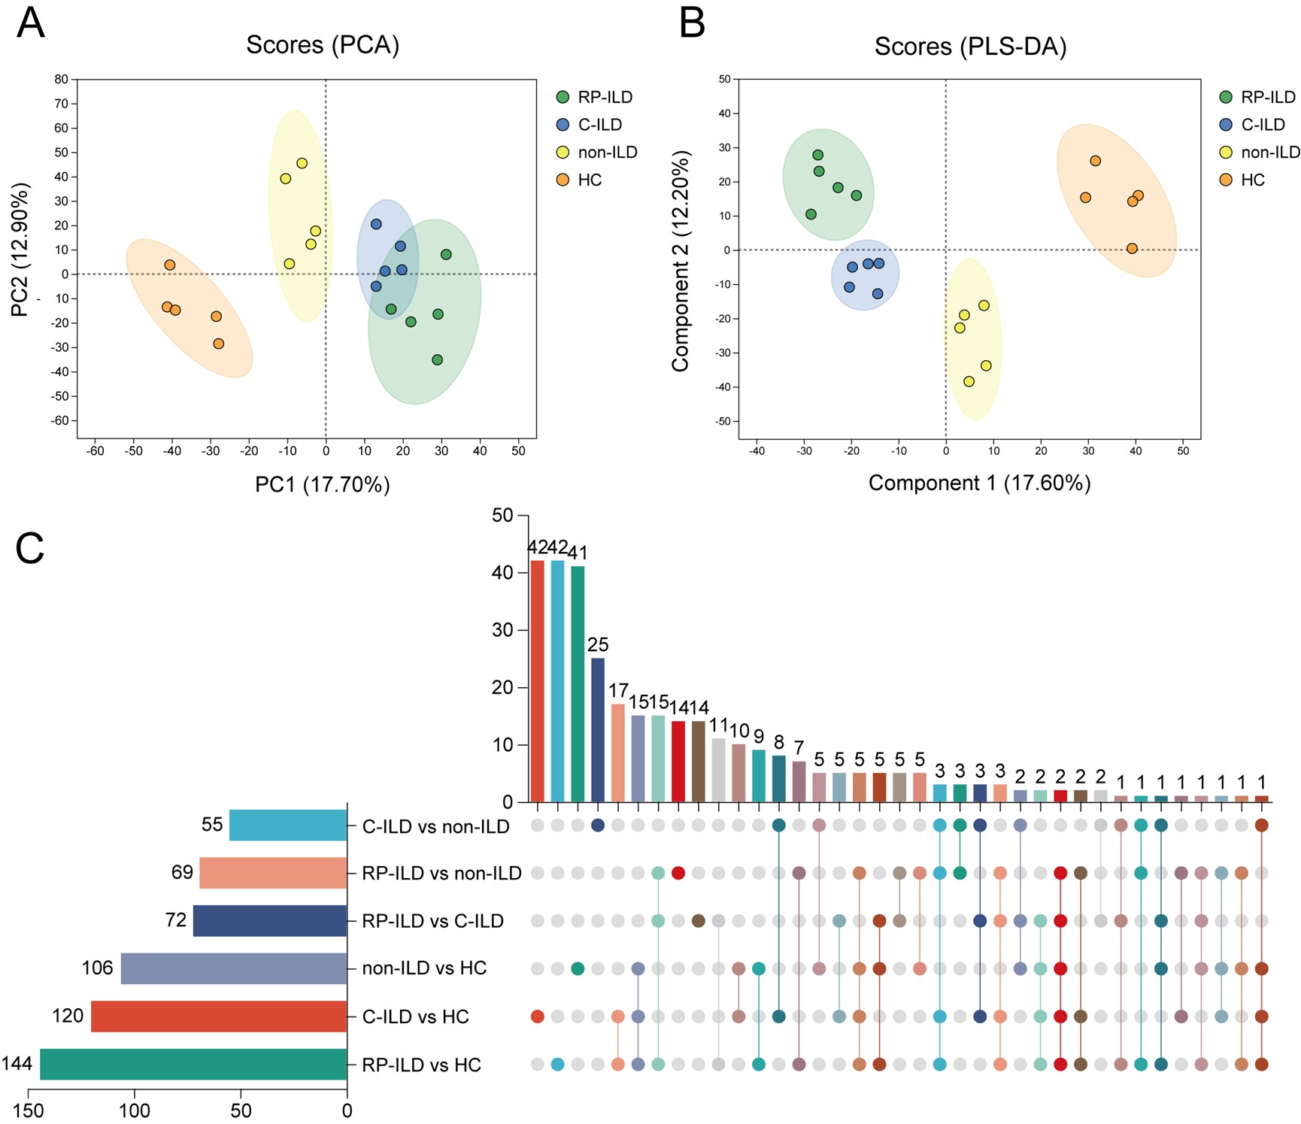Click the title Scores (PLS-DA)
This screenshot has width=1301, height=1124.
[970, 47]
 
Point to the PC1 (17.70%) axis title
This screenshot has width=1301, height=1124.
[323, 484]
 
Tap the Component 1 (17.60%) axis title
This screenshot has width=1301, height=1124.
[979, 483]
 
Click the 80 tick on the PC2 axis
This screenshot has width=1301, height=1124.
[61, 79]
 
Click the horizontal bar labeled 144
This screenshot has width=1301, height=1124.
[193, 1064]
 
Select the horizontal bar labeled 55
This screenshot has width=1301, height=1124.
[288, 825]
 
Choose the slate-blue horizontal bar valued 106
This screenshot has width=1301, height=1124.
[234, 968]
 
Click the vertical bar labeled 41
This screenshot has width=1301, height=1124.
[578, 683]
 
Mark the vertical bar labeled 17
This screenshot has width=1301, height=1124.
[618, 753]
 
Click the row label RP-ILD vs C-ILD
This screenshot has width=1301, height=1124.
[432, 921]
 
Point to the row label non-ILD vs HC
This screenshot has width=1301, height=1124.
[424, 968]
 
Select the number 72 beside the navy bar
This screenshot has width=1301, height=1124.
[176, 920]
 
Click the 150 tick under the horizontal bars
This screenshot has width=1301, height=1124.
[29, 1110]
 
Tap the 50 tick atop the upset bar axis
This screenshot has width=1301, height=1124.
[502, 516]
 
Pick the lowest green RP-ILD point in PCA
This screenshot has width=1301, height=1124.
[438, 360]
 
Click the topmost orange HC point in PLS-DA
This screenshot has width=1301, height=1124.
[1095, 161]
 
